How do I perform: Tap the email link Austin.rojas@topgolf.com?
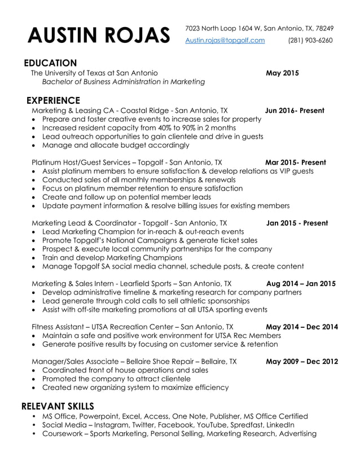(x=225, y=40)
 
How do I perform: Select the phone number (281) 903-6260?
(x=310, y=40)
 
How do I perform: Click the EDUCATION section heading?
(x=50, y=63)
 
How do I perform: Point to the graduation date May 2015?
(x=282, y=73)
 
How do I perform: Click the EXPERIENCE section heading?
(x=54, y=100)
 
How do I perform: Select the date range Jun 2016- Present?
(x=295, y=111)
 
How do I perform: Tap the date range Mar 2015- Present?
(x=295, y=162)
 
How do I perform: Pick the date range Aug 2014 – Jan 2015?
(x=301, y=283)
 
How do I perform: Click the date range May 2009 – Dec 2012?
(x=302, y=362)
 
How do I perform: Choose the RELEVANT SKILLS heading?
(x=58, y=406)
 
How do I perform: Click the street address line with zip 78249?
(x=259, y=28)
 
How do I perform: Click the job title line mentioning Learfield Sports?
(x=131, y=283)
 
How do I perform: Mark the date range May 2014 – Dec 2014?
(x=302, y=327)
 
